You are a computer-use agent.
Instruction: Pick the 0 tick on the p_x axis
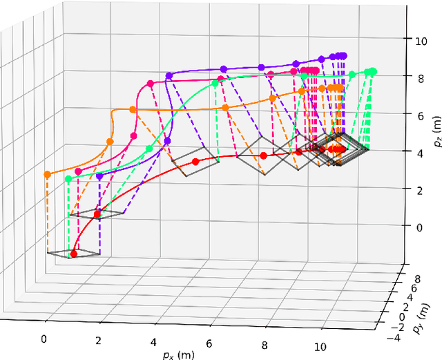pyautogui.click(x=45, y=339)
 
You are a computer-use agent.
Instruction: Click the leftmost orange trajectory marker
pyautogui.click(x=47, y=175)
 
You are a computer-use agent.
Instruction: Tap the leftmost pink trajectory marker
pyautogui.click(x=78, y=171)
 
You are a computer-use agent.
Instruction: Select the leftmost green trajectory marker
pyautogui.click(x=68, y=179)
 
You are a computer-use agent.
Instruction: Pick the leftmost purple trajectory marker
pyautogui.click(x=99, y=177)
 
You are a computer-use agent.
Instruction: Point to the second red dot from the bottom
pyautogui.click(x=97, y=214)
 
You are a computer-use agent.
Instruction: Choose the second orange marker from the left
pyautogui.click(x=110, y=141)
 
